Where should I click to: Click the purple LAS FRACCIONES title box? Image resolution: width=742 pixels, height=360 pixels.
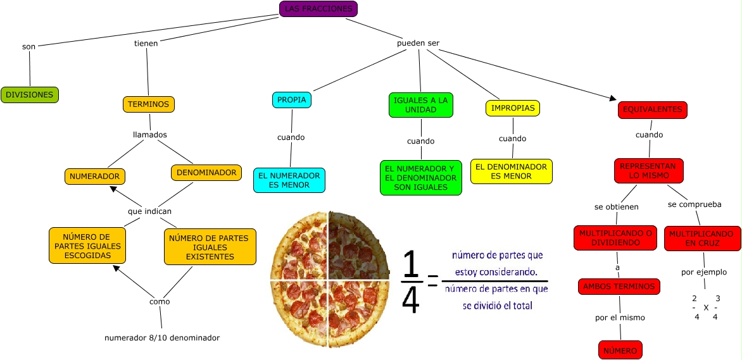pyautogui.click(x=318, y=9)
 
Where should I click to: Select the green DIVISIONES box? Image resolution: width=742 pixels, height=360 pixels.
pyautogui.click(x=30, y=95)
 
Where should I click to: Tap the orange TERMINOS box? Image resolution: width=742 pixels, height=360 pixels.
pyautogui.click(x=149, y=104)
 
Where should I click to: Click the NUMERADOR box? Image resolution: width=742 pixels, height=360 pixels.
pyautogui.click(x=96, y=177)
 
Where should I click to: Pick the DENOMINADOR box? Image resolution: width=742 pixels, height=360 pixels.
pyautogui.click(x=206, y=173)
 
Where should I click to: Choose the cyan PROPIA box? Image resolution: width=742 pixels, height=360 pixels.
pyautogui.click(x=292, y=100)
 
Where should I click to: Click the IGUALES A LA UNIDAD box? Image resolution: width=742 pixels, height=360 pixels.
pyautogui.click(x=421, y=105)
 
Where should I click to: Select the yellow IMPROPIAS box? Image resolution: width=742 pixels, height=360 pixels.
pyautogui.click(x=513, y=108)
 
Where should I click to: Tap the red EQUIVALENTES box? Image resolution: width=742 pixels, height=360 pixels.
pyautogui.click(x=653, y=110)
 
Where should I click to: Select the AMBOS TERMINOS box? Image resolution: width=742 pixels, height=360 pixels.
pyautogui.click(x=619, y=287)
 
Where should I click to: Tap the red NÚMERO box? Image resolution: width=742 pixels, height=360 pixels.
pyautogui.click(x=620, y=350)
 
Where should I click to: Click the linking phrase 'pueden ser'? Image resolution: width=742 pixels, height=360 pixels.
pyautogui.click(x=418, y=44)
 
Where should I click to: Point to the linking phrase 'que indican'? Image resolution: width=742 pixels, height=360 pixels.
pyautogui.click(x=149, y=211)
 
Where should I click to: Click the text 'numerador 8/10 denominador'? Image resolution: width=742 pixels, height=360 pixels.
pyautogui.click(x=162, y=338)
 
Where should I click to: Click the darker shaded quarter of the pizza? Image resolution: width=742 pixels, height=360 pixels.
pyautogui.click(x=358, y=244)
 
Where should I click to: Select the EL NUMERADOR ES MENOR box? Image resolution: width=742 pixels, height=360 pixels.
pyautogui.click(x=289, y=180)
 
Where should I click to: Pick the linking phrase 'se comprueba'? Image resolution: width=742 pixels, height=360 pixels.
pyautogui.click(x=695, y=204)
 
